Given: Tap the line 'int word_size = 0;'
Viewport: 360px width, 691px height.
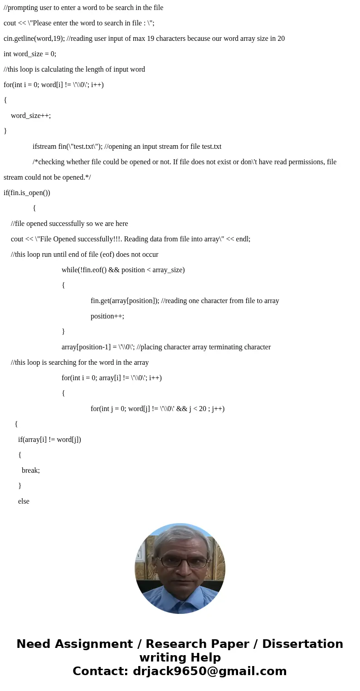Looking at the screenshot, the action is pos(30,54).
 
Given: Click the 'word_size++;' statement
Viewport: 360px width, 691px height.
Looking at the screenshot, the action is pos(31,116).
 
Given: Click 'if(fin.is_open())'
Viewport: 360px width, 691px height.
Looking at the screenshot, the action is pos(27,193).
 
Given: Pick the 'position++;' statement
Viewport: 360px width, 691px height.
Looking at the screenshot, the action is pos(107,316).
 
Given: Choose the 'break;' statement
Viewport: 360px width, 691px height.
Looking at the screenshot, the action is pos(31,470).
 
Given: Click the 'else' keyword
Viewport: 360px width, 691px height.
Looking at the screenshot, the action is pos(24,501).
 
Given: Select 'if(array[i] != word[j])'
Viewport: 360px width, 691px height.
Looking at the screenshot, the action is pos(49,440).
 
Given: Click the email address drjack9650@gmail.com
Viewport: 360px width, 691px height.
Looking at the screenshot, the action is pos(209,671).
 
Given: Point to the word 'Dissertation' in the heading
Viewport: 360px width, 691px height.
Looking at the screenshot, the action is pos(302,644).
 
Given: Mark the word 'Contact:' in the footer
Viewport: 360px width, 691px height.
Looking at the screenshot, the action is pos(100,671).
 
